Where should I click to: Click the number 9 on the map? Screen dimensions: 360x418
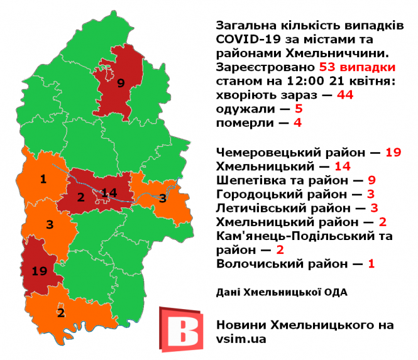coord(121,82)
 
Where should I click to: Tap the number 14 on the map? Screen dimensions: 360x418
coord(109,192)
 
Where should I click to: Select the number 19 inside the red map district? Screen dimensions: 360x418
coord(40,271)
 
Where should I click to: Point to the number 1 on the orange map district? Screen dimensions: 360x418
coord(43,180)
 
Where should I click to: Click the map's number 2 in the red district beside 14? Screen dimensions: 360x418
coord(80,197)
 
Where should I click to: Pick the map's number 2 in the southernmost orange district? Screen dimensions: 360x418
coord(61,312)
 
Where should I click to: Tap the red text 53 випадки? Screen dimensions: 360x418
coord(358,67)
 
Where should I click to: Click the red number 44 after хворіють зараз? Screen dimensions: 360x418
coord(345,95)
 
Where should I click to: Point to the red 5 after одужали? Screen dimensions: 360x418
coord(299,109)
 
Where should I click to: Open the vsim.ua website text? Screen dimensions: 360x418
coord(241,339)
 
